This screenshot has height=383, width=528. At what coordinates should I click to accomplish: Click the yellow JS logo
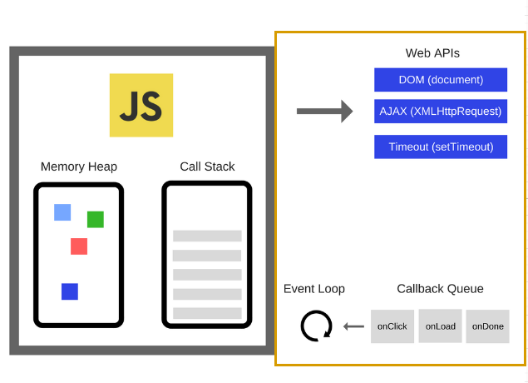[141, 105]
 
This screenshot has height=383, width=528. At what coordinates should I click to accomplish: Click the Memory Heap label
[79, 167]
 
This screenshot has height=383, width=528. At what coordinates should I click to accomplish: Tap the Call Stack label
[207, 167]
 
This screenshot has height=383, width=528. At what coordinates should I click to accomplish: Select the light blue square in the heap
[62, 212]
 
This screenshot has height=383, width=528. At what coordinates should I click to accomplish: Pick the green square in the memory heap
[96, 219]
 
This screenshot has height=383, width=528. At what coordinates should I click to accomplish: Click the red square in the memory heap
[79, 246]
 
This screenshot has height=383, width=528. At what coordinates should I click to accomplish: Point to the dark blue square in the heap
[70, 291]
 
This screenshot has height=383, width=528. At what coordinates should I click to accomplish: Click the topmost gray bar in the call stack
[207, 236]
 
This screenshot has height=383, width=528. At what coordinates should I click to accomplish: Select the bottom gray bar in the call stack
[207, 313]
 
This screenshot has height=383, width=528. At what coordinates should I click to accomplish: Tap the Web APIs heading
[432, 53]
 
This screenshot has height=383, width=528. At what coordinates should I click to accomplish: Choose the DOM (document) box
[441, 80]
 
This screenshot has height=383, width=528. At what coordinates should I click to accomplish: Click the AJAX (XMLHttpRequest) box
[441, 112]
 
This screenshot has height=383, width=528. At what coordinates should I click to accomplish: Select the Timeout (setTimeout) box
[441, 147]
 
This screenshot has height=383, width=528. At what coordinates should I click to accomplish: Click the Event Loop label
[314, 289]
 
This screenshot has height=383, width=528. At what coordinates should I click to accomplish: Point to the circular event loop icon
[316, 326]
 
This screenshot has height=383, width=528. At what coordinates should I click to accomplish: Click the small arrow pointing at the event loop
[354, 326]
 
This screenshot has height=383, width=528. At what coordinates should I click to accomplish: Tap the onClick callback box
[392, 326]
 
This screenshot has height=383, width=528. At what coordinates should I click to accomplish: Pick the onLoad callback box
[440, 326]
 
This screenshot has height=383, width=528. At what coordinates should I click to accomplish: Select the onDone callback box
[487, 326]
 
